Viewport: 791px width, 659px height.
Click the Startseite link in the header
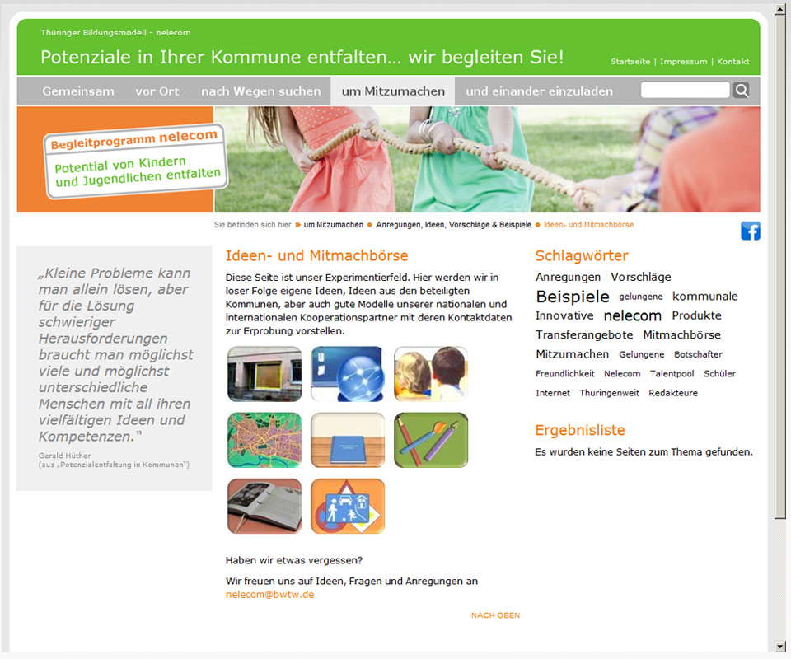pos(630,62)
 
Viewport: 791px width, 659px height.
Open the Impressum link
pos(684,62)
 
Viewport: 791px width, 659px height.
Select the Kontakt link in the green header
pos(733,62)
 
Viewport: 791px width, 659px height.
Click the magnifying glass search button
pos(741,91)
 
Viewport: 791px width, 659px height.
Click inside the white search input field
pos(685,91)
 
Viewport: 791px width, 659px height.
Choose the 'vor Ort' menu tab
pos(157,91)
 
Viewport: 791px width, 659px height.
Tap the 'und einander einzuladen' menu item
pos(539,91)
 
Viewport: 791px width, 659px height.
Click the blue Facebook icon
pos(751,231)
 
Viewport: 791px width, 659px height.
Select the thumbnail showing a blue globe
pos(348,374)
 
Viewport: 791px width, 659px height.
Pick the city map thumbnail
pos(264,440)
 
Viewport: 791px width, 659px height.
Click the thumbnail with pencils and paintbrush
pos(431,440)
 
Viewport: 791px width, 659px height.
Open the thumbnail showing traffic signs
pos(348,507)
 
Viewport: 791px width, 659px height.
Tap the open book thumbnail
pos(264,507)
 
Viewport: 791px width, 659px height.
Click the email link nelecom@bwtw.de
pos(270,595)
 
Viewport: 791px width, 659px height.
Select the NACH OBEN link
pos(495,615)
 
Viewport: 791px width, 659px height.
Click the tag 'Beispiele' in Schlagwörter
pos(573,297)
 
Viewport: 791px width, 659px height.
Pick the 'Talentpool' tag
pos(672,374)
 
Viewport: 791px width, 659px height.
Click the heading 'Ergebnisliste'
pos(579,430)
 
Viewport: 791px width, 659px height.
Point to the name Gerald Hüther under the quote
pos(64,456)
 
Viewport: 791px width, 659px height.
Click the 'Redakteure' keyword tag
pos(673,393)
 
